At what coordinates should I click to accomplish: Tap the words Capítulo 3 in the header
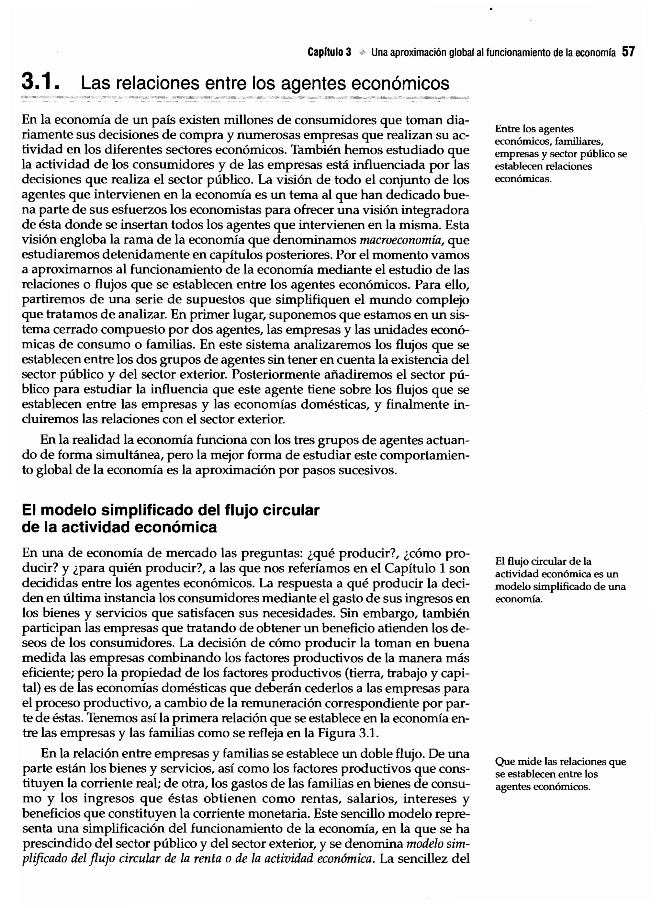(329, 52)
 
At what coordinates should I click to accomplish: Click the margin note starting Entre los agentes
(560, 154)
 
